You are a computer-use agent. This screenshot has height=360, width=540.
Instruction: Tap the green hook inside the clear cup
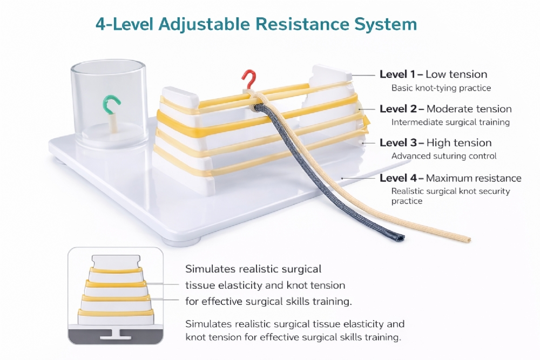tap(111, 102)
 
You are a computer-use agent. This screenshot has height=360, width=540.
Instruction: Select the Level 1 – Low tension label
tap(433, 74)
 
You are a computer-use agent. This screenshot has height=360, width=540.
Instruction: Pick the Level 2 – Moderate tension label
tap(446, 109)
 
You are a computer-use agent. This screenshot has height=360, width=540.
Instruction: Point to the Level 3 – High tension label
tap(435, 142)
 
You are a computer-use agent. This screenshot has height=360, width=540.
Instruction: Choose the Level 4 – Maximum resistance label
tap(450, 178)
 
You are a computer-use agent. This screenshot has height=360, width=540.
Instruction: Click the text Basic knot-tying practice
tap(441, 88)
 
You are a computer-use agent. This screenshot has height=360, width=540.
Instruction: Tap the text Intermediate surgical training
tap(450, 122)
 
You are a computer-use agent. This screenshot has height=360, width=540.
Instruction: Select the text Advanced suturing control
tap(444, 156)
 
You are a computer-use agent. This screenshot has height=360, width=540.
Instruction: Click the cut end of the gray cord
tap(400, 237)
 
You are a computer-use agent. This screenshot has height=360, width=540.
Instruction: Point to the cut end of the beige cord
tap(467, 239)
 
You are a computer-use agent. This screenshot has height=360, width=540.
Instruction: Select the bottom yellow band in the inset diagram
tap(116, 313)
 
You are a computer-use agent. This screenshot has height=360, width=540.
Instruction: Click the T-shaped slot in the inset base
tap(116, 334)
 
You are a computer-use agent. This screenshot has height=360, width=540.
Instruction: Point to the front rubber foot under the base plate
tap(181, 242)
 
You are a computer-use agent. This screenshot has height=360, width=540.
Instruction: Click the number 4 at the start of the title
tap(101, 24)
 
